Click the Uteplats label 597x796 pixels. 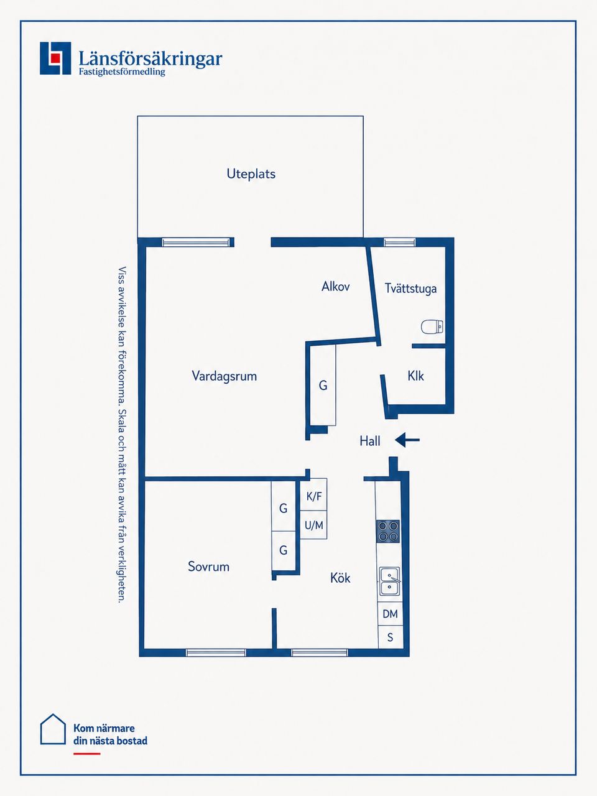pyautogui.click(x=251, y=174)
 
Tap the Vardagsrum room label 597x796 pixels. pyautogui.click(x=224, y=376)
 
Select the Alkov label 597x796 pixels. pyautogui.click(x=336, y=287)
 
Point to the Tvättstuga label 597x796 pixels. pyautogui.click(x=410, y=289)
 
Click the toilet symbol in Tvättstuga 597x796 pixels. pyautogui.click(x=432, y=326)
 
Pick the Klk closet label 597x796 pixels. pyautogui.click(x=415, y=376)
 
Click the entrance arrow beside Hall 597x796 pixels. pyautogui.click(x=407, y=440)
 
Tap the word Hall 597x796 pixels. pyautogui.click(x=370, y=441)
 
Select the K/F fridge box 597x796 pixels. pyautogui.click(x=313, y=494)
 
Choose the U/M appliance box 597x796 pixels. pyautogui.click(x=313, y=525)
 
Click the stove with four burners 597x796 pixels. pyautogui.click(x=388, y=531)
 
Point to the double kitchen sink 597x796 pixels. pyautogui.click(x=390, y=581)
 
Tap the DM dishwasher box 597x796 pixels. pyautogui.click(x=390, y=614)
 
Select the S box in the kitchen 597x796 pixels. pyautogui.click(x=391, y=637)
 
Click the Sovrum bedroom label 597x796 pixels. pyautogui.click(x=208, y=567)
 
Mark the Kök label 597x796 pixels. pyautogui.click(x=340, y=578)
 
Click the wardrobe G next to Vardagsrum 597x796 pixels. pyautogui.click(x=323, y=385)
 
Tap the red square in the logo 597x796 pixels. pyautogui.click(x=55, y=58)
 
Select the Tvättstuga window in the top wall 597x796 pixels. pyautogui.click(x=399, y=243)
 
